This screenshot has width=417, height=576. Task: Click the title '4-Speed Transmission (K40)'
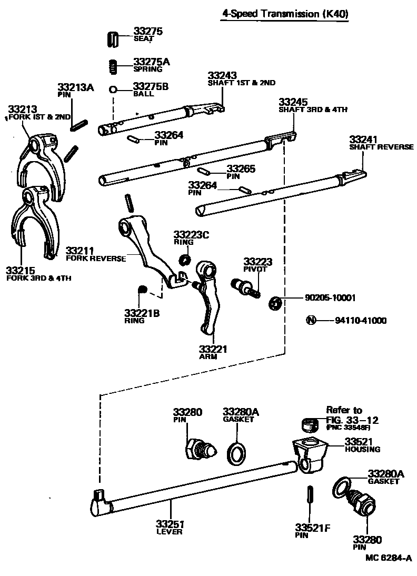[284, 14]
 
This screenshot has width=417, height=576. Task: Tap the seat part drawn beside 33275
[111, 38]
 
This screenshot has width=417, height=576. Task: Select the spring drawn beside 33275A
[111, 66]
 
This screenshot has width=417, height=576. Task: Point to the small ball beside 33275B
[113, 90]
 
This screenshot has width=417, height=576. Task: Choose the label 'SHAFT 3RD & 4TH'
[313, 110]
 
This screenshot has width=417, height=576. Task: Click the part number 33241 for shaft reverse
[363, 139]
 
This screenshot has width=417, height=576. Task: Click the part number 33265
[241, 168]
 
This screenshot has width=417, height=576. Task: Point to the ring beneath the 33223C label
[184, 259]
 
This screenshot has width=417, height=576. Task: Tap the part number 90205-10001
[330, 297]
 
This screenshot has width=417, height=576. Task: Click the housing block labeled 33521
[310, 452]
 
